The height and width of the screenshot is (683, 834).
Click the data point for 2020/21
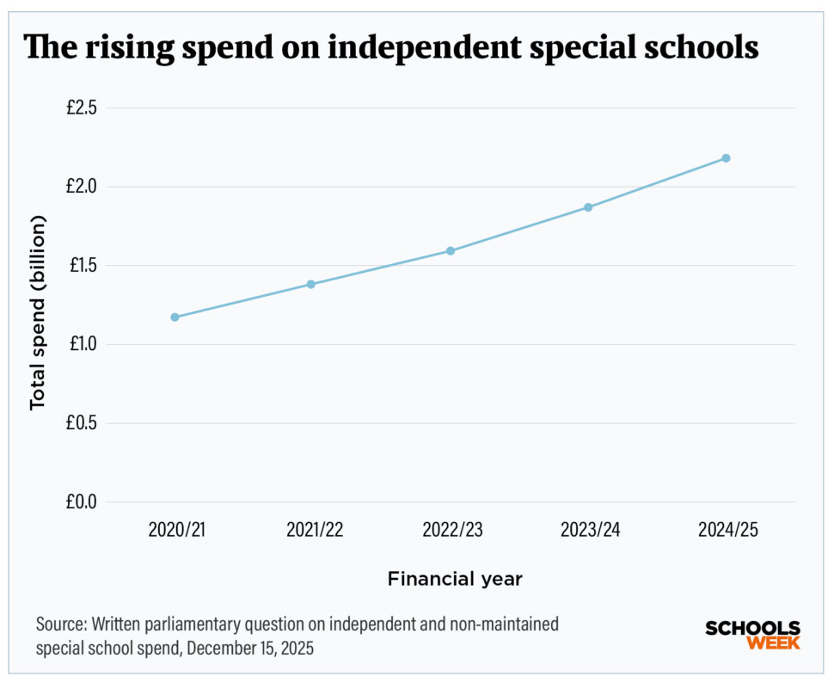click(x=175, y=317)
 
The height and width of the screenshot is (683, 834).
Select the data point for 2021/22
click(x=311, y=284)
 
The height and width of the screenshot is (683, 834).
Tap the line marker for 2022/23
click(x=450, y=251)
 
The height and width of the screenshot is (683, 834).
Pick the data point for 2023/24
click(x=588, y=207)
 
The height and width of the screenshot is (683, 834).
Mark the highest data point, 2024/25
click(x=726, y=158)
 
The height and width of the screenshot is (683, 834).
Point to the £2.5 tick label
click(x=82, y=108)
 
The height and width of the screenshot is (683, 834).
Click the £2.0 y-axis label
click(x=82, y=187)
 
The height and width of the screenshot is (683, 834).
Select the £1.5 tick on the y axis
click(x=82, y=266)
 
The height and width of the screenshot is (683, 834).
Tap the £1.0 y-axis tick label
click(x=82, y=344)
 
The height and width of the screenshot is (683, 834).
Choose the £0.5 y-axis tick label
click(x=82, y=423)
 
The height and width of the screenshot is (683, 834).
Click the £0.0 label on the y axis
click(x=82, y=501)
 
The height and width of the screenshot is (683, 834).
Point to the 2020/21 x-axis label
click(x=176, y=530)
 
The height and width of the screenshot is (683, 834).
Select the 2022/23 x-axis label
click(x=452, y=530)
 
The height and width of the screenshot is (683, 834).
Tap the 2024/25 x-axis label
click(x=728, y=530)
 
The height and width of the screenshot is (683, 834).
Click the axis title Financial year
click(x=455, y=579)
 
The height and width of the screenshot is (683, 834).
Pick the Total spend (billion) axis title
click(x=37, y=311)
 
